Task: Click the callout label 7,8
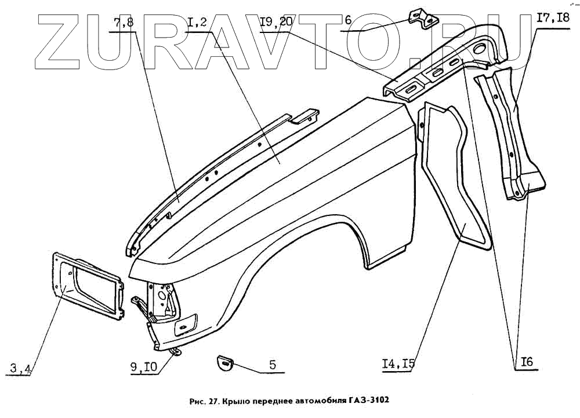point(123,24)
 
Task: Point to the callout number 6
point(348,21)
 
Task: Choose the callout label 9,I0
point(144,367)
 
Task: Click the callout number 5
point(272,365)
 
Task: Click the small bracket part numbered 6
point(423,19)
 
